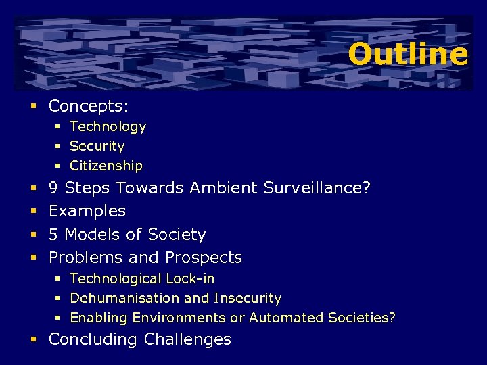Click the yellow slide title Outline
click(408, 54)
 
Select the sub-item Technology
click(108, 126)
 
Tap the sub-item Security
click(97, 146)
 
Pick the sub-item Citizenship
click(106, 166)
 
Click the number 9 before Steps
click(53, 188)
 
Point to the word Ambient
click(221, 188)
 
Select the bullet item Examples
click(87, 211)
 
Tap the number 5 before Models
click(53, 235)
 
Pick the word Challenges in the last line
click(187, 339)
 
